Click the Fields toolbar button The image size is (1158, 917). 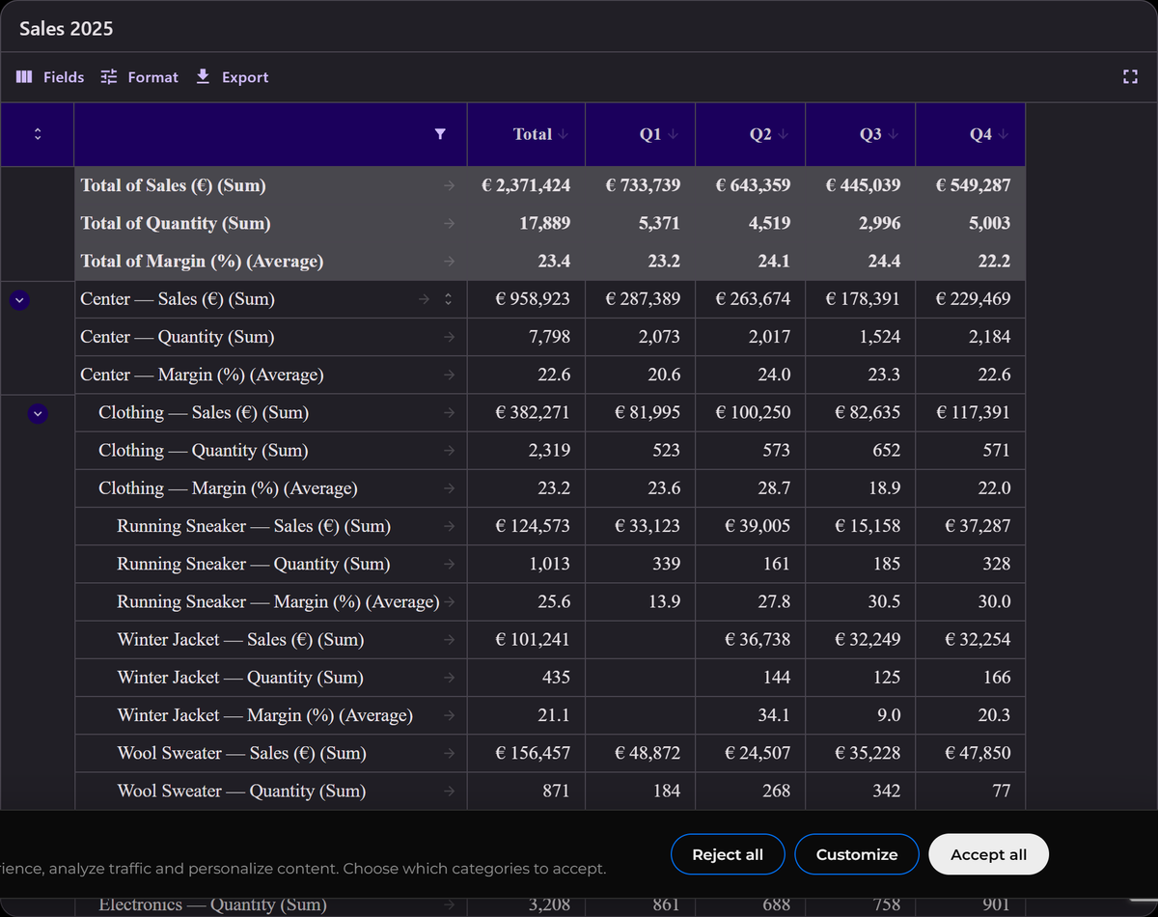(50, 77)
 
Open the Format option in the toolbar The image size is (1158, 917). (139, 77)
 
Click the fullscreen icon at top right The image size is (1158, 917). (1130, 77)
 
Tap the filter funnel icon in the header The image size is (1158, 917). (440, 134)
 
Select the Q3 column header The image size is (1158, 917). (870, 134)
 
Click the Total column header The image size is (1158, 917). (532, 134)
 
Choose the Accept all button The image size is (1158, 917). (988, 854)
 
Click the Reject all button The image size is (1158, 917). (728, 854)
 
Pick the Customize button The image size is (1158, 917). (857, 854)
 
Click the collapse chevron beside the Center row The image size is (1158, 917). (19, 300)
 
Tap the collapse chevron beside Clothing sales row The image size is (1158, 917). (38, 413)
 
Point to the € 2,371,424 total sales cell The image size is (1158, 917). (526, 185)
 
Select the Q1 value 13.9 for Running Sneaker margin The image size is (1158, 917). (664, 601)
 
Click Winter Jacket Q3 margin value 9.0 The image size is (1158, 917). (889, 715)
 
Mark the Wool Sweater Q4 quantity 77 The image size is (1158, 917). (1001, 791)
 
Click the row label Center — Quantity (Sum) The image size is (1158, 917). (177, 337)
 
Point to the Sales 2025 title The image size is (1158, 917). (67, 29)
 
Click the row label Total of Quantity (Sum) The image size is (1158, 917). (176, 224)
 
